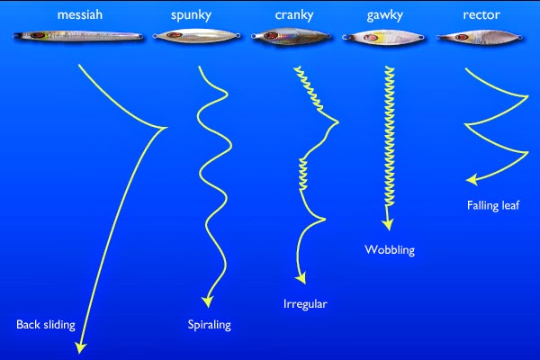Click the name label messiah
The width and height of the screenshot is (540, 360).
[x=78, y=15]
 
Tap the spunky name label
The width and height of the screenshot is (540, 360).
[x=190, y=15]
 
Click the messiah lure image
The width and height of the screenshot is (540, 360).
[x=78, y=37]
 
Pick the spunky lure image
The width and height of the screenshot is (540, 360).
[x=190, y=37]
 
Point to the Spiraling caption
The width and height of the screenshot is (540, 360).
[x=209, y=325]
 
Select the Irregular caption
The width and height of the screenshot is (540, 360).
[x=304, y=304]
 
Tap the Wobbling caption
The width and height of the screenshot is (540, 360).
[x=390, y=249]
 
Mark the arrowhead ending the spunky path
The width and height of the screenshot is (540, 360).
[x=208, y=301]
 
